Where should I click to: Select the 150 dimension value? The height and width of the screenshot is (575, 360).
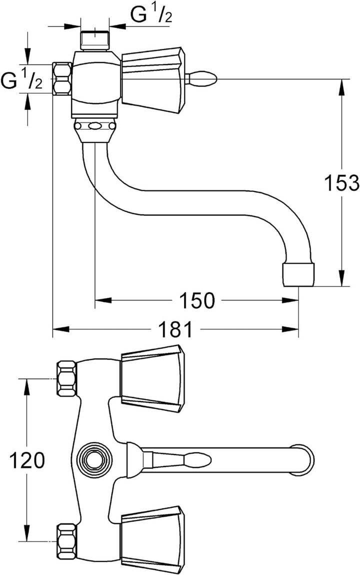(x=197, y=300)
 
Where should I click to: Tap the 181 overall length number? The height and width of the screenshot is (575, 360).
(x=175, y=329)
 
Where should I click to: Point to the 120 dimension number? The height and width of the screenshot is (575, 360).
(x=26, y=460)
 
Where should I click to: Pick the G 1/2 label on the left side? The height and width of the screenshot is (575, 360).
(x=21, y=79)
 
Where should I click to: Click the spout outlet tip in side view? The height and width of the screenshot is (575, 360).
(x=299, y=274)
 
